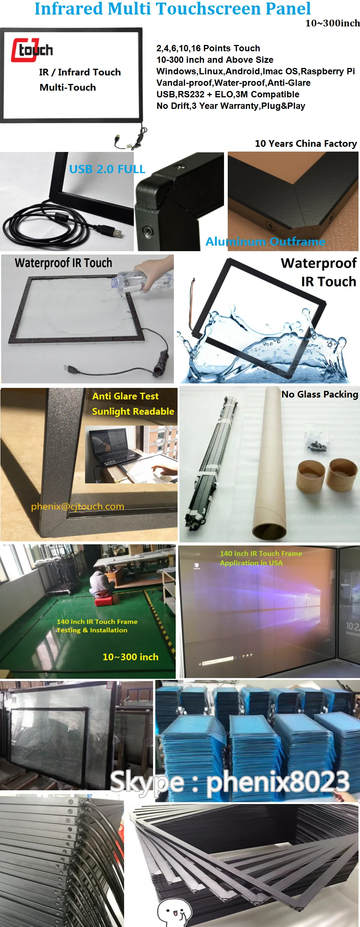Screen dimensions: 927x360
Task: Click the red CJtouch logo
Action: point(32,50)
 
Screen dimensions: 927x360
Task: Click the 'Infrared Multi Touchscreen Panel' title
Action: point(172,9)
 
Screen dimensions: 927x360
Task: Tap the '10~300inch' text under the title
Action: point(332,23)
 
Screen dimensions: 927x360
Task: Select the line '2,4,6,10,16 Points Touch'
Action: point(208,48)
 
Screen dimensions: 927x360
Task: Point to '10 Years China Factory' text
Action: point(305,144)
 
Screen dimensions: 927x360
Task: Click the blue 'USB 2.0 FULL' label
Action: point(107,169)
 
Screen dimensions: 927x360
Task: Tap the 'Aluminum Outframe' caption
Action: point(265,242)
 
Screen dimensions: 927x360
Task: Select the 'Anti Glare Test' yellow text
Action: point(125,396)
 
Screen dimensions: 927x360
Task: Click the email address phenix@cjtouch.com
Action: point(77,506)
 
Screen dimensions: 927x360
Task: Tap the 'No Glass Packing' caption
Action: point(320,395)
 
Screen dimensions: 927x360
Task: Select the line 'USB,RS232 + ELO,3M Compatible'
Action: point(228,94)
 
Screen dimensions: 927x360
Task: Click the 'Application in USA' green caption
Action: point(251,563)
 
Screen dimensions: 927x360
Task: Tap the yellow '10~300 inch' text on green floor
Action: point(130,657)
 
